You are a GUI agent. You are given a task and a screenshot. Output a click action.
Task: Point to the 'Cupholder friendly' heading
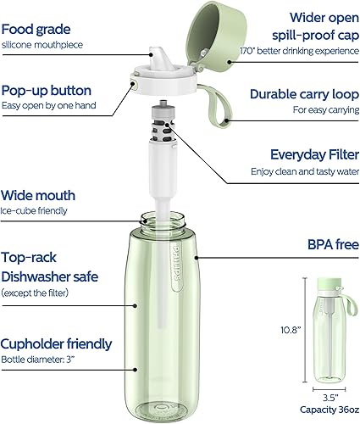pyautogui.click(x=68, y=343)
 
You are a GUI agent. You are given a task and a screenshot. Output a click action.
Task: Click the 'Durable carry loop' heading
pyautogui.click(x=302, y=93)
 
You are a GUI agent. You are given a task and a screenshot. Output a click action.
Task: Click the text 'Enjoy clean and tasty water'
pyautogui.click(x=303, y=171)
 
